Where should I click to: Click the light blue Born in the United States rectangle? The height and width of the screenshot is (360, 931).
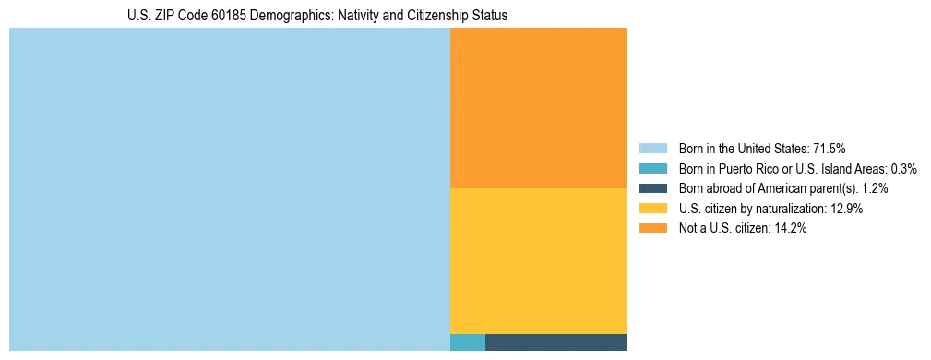(x=229, y=189)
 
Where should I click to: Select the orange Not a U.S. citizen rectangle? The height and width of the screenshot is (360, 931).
(x=538, y=108)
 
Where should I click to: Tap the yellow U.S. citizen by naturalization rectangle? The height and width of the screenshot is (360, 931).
(x=538, y=261)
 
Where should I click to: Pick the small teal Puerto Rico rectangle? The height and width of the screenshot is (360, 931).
(x=467, y=342)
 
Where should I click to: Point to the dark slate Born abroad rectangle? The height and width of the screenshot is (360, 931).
(x=555, y=342)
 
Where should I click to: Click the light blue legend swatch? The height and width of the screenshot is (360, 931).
(x=652, y=148)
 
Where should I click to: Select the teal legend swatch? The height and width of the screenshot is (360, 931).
(x=652, y=168)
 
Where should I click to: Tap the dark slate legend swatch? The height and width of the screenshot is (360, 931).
(x=652, y=188)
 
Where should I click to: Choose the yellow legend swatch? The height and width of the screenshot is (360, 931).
(x=652, y=209)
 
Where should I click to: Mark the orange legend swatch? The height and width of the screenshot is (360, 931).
(x=652, y=229)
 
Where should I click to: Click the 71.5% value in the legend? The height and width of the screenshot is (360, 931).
(x=829, y=148)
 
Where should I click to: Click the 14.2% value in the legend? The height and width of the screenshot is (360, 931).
(x=789, y=229)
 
